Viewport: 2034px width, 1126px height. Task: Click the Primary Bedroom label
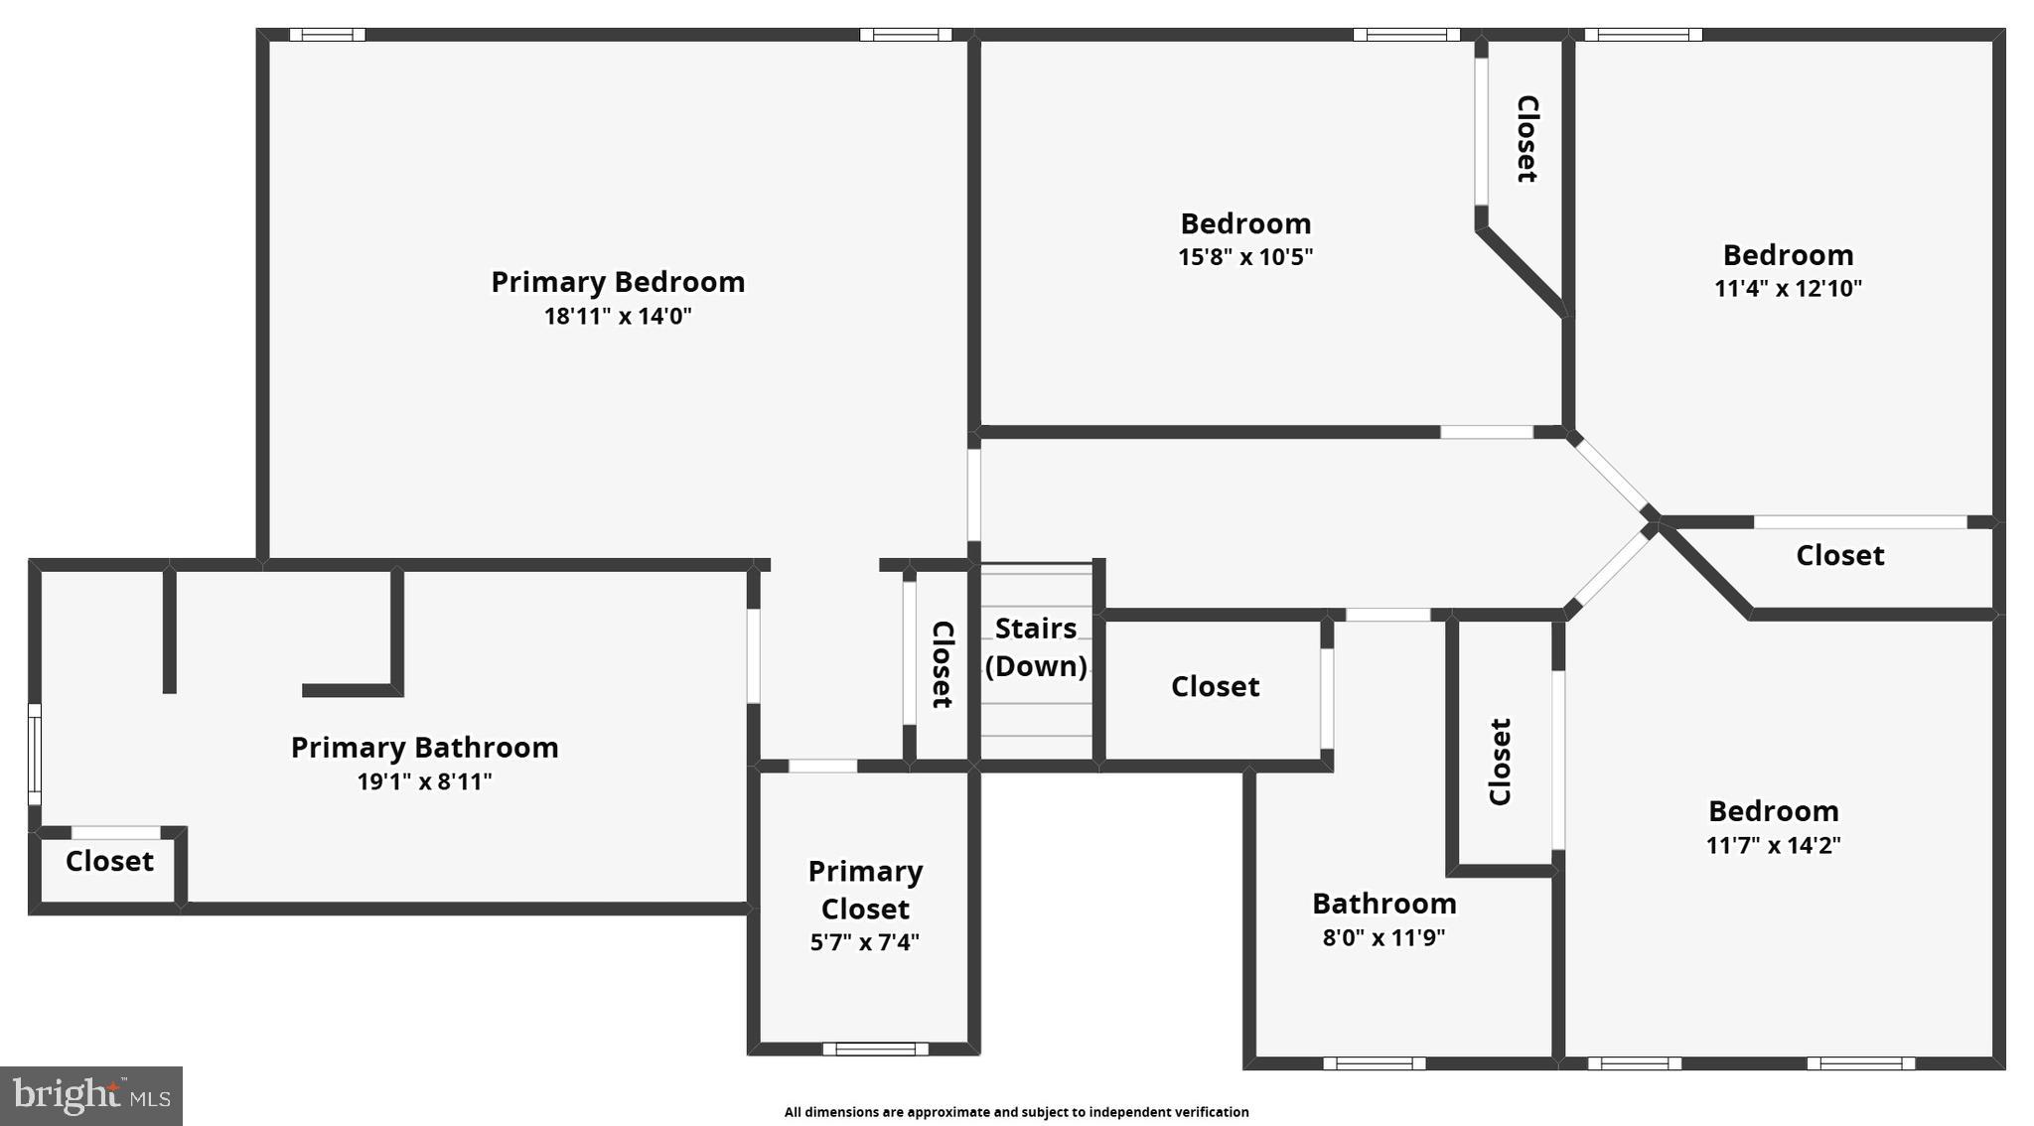618,282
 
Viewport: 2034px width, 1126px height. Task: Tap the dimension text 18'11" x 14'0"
618,317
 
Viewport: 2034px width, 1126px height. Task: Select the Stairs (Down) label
1036,647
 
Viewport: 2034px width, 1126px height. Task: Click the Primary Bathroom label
424,748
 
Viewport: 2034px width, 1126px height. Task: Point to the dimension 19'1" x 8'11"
424,782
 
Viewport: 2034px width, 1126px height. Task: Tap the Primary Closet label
865,890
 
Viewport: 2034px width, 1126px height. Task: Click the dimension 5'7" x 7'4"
865,942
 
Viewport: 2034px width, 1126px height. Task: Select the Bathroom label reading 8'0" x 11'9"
1383,904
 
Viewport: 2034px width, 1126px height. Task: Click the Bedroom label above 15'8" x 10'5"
1245,223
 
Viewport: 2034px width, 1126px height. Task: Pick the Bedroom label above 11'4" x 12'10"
1788,255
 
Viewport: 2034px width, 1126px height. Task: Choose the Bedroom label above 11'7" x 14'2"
1773,811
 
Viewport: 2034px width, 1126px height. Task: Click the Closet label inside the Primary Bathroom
109,861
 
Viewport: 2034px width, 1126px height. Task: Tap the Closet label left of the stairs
942,664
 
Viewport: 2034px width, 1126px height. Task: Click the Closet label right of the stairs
1215,687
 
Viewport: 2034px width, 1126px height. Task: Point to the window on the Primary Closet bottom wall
875,1049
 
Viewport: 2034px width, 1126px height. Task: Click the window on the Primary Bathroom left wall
35,755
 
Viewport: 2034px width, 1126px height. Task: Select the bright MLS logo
91,1096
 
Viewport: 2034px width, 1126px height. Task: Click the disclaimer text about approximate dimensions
1016,1112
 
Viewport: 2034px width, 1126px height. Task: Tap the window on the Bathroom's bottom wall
1375,1063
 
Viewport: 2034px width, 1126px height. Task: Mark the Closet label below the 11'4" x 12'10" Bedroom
1839,556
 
